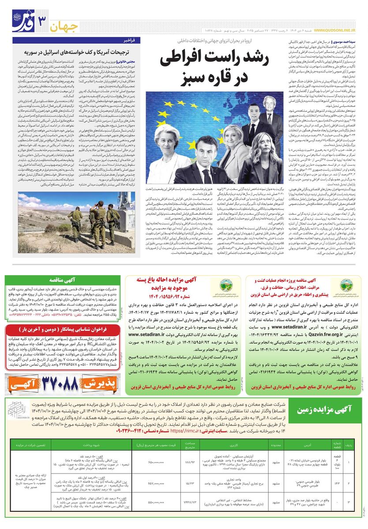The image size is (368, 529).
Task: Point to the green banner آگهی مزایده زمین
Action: tap(323, 409)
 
